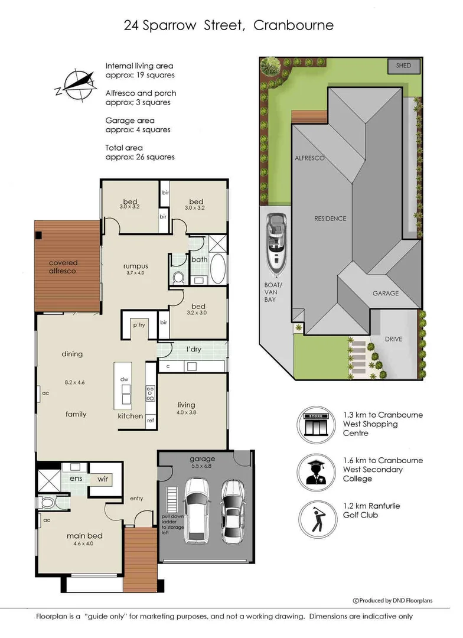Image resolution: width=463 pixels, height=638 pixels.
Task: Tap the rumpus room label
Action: (x=135, y=265)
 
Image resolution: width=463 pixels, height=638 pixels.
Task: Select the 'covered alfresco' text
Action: (x=63, y=266)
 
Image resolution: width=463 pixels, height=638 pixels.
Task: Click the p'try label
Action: (x=139, y=325)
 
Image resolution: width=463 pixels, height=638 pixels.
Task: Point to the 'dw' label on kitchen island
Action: (x=125, y=379)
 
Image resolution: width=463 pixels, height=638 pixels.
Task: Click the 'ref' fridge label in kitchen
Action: (x=150, y=420)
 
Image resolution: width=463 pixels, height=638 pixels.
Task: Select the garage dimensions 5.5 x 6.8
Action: (x=202, y=467)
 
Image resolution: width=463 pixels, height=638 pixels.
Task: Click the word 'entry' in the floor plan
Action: (x=136, y=499)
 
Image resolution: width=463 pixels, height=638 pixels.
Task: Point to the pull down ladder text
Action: (x=172, y=524)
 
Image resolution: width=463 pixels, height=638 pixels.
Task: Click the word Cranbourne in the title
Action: (x=294, y=25)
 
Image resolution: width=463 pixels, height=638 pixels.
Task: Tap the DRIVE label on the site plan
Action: (x=393, y=339)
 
